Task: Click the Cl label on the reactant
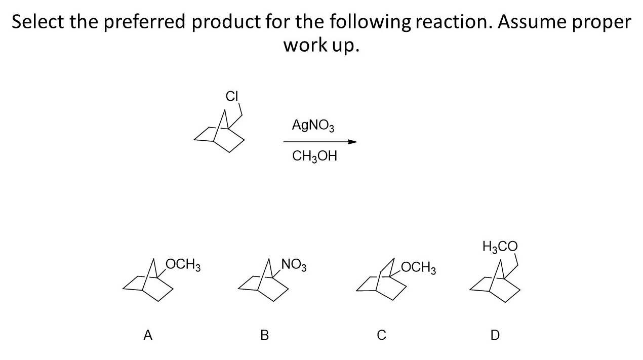tap(231, 96)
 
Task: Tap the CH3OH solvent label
tap(314, 156)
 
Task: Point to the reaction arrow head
tap(352, 142)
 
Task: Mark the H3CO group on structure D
tap(500, 247)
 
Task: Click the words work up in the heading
tap(321, 46)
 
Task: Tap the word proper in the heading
tap(605, 23)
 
